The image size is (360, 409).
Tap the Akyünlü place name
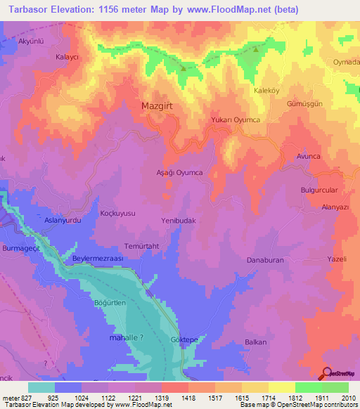click(x=30, y=41)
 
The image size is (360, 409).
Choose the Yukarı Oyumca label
click(x=236, y=121)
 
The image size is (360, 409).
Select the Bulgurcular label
click(x=320, y=190)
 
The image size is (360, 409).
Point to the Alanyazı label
click(x=335, y=207)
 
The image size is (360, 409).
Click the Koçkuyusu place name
click(x=117, y=213)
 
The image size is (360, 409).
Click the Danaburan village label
click(x=264, y=260)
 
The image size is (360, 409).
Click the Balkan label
click(x=255, y=342)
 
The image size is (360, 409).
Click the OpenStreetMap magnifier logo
click(x=328, y=373)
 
